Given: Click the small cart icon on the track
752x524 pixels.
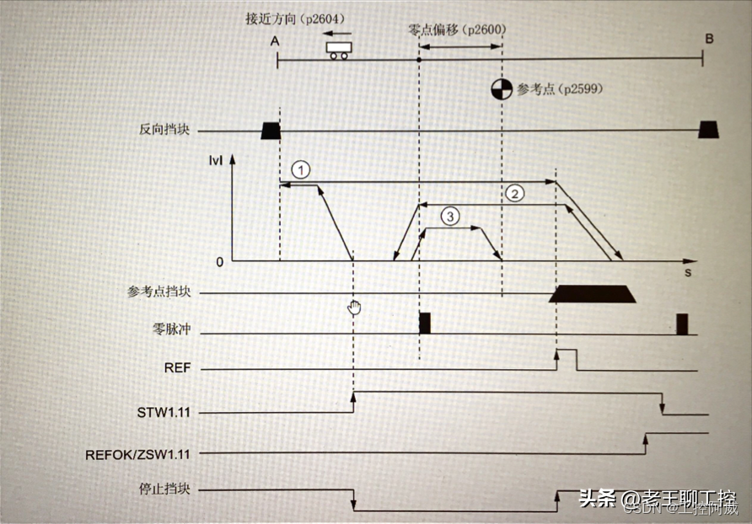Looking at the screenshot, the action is point(340,51).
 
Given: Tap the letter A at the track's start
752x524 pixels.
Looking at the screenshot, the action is point(276,40).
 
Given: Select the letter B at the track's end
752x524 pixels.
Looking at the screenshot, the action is point(709,39).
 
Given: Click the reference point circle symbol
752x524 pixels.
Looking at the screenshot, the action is point(502,89).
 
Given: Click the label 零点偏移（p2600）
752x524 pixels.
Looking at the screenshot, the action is point(457,29).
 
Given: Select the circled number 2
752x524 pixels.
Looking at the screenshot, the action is point(514,193).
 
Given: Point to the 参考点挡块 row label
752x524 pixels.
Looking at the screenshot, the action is point(159,292).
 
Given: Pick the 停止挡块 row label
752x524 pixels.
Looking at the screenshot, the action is point(163,488).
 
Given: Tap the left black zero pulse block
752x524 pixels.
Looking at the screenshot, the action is point(425,323).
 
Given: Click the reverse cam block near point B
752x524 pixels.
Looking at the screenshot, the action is point(708,128).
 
